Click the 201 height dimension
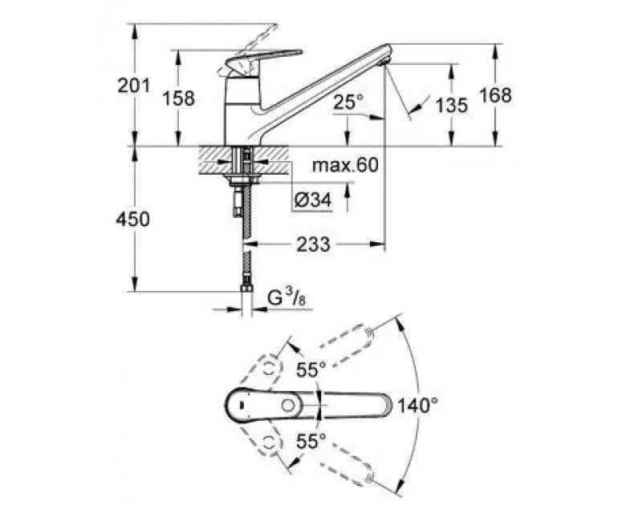[x=134, y=86]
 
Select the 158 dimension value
[x=178, y=99]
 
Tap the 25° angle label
[x=348, y=102]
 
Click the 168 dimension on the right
[x=495, y=95]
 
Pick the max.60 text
[x=344, y=166]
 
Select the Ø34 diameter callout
[x=311, y=200]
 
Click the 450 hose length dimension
[x=133, y=219]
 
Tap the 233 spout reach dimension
[x=312, y=244]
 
